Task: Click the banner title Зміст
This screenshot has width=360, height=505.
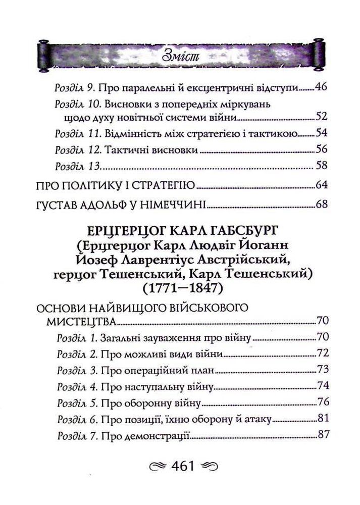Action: point(179,55)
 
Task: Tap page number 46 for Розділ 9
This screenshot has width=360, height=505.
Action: point(321,87)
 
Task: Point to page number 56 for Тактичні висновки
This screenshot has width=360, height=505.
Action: point(321,149)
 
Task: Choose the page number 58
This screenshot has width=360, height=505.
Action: point(321,165)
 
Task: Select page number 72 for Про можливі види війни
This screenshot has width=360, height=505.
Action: point(322,353)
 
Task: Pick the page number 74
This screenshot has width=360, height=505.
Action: point(322,386)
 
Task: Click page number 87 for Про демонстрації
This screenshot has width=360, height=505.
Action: point(322,435)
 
